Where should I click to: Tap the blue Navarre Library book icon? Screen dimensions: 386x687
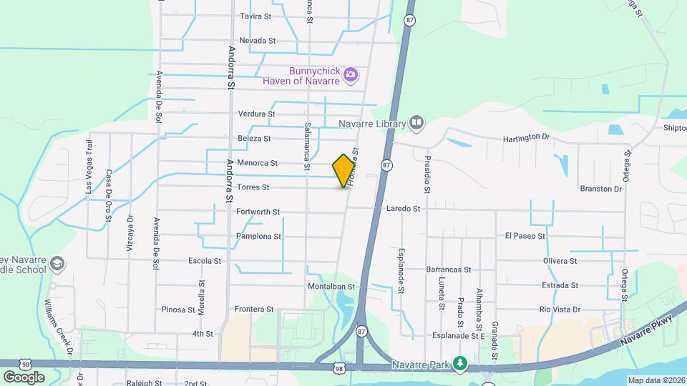point(417,124)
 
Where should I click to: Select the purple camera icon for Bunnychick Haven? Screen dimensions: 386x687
point(350,74)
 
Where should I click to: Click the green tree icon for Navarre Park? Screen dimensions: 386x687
point(462,365)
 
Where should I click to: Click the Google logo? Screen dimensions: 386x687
point(24,377)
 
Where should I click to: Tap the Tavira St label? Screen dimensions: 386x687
point(256,16)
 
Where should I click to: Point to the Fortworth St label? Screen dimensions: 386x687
point(258,212)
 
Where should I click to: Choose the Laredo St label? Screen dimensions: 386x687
point(403,209)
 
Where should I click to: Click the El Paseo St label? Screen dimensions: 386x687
point(525,235)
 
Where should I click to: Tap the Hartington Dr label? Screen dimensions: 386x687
point(529,137)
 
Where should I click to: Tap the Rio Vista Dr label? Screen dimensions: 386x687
point(560,310)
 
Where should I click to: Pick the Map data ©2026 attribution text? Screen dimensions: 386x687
point(656,380)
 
